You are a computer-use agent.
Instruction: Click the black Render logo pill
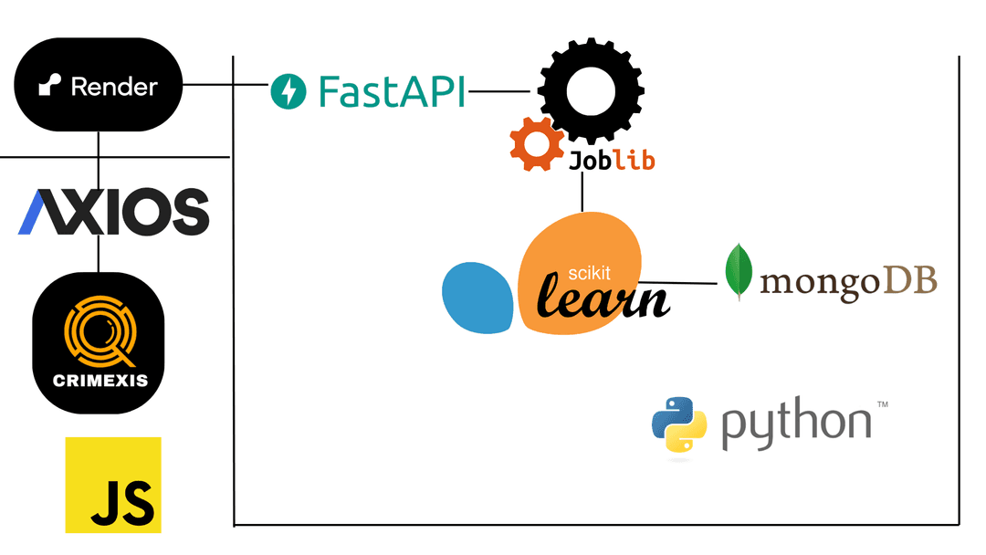99,87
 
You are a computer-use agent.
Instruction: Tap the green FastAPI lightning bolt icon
288,92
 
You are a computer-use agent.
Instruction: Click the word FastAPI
393,92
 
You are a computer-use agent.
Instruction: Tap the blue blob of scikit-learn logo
477,298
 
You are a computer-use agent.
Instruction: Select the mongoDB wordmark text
848,282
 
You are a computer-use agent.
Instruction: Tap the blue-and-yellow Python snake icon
679,424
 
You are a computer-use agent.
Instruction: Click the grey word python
796,424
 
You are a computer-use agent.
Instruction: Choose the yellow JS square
113,485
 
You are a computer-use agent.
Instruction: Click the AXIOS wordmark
113,212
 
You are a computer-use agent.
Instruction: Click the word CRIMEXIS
100,380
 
